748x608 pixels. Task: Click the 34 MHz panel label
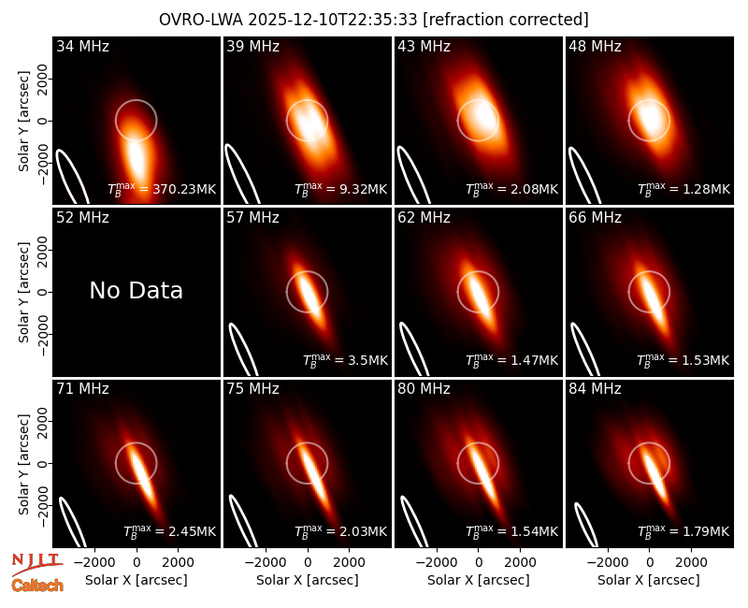pyautogui.click(x=82, y=46)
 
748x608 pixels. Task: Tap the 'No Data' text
pyautogui.click(x=136, y=291)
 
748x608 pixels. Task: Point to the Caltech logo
pyautogui.click(x=37, y=586)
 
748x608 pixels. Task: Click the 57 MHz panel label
pyautogui.click(x=252, y=218)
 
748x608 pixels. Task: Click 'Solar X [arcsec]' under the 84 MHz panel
pyautogui.click(x=649, y=580)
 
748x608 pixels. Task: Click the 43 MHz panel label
pyautogui.click(x=424, y=46)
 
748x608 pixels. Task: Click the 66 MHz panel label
pyautogui.click(x=595, y=218)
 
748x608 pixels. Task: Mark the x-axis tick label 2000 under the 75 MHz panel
pyautogui.click(x=349, y=563)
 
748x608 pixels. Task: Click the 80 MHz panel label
pyautogui.click(x=424, y=389)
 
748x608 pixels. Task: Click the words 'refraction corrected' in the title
pyautogui.click(x=506, y=20)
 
